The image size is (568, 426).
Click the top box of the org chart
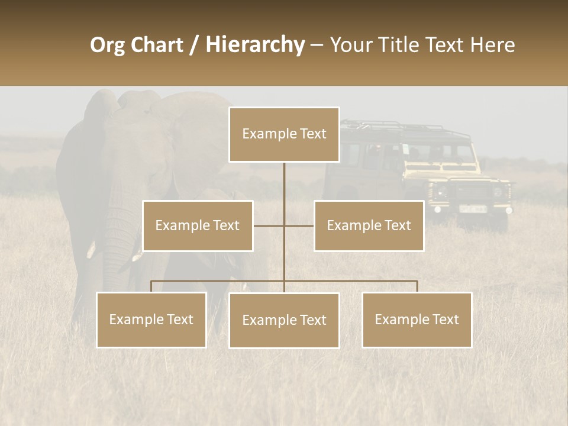pos(284,134)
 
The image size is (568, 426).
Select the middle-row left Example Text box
pos(198,225)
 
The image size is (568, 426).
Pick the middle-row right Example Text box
pos(369,225)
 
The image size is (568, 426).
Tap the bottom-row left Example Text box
pos(151,319)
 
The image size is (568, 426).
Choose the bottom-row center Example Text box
pos(284,320)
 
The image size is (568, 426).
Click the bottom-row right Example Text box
pos(417,319)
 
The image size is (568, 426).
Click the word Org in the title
pos(107,45)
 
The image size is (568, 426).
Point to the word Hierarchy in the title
pos(254,45)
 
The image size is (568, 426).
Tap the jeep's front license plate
pos(473,208)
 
